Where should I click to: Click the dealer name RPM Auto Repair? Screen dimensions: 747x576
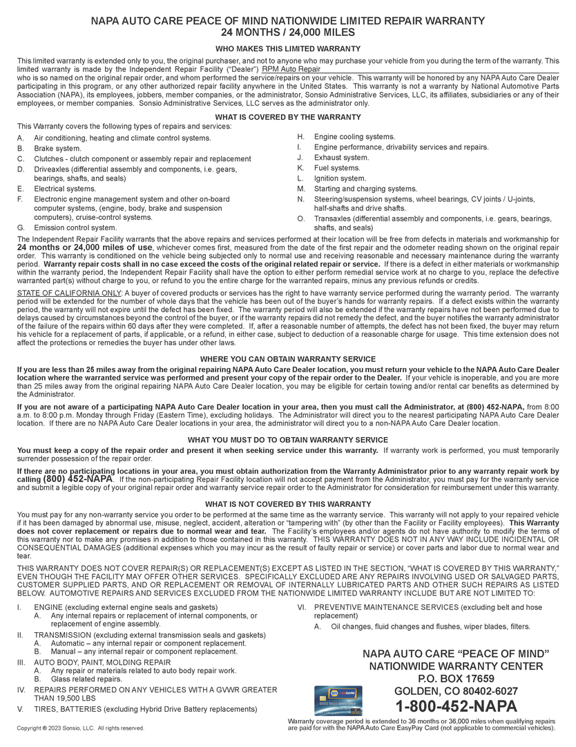(x=291, y=69)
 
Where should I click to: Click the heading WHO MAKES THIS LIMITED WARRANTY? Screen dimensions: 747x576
(x=288, y=48)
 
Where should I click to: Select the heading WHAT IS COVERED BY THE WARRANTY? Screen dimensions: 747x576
(x=288, y=117)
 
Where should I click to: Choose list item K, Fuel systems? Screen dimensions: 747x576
(x=337, y=168)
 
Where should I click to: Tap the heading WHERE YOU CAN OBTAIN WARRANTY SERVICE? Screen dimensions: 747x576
(x=288, y=359)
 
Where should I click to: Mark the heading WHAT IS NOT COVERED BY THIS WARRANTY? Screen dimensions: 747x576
(x=288, y=504)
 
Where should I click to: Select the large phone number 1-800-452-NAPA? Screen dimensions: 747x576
(x=456, y=706)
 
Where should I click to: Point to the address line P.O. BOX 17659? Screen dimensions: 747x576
(x=456, y=679)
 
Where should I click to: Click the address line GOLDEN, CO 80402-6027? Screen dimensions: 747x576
(x=456, y=691)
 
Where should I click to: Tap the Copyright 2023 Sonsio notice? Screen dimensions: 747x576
(x=81, y=728)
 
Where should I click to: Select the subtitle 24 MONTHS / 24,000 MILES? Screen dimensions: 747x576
(x=288, y=33)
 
